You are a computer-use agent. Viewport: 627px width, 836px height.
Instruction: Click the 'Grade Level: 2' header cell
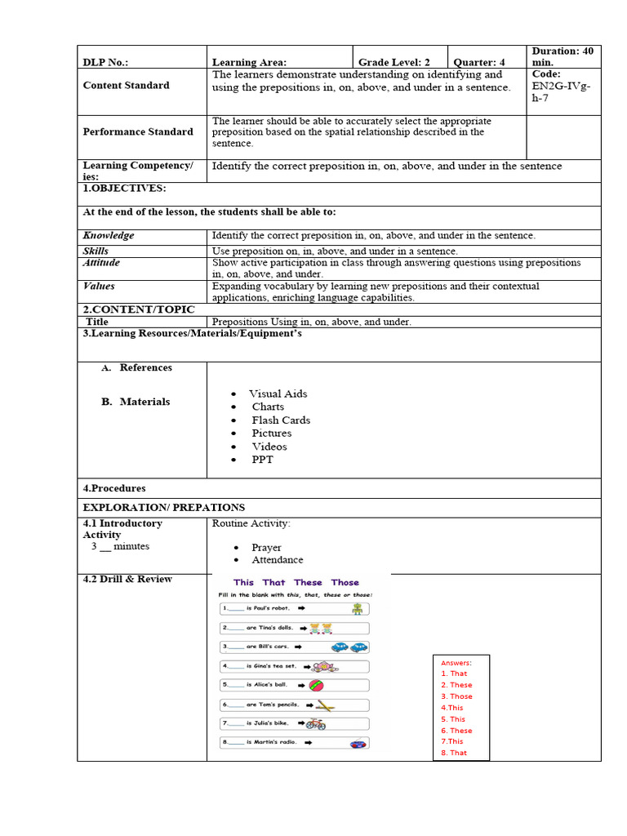point(394,62)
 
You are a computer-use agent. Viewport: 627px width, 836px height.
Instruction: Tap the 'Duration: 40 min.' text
point(563,56)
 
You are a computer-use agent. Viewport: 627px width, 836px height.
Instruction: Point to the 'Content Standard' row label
point(126,85)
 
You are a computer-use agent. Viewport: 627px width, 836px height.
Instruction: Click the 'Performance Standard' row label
point(138,131)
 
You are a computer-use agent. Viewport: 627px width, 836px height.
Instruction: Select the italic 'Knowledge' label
point(109,235)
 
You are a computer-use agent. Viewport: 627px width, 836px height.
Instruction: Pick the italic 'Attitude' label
point(101,263)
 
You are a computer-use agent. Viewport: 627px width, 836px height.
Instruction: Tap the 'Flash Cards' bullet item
point(281,420)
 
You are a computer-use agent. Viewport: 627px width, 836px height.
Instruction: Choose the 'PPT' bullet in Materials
point(262,460)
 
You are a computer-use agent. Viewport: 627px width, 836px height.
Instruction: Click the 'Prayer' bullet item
point(266,547)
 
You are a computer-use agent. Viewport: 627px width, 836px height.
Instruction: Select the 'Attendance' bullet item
point(277,560)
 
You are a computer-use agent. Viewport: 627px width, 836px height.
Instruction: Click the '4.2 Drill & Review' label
point(127,579)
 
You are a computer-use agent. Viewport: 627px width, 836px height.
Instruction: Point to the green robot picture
point(357,608)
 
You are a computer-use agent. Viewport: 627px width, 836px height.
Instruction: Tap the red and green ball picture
point(316,685)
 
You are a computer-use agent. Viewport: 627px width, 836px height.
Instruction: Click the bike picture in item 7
point(316,723)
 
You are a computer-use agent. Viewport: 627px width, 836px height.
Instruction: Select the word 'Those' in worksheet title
point(345,582)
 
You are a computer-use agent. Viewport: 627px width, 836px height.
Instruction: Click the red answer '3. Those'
point(456,696)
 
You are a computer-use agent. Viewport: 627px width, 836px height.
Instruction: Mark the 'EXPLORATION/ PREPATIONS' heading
point(163,507)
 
